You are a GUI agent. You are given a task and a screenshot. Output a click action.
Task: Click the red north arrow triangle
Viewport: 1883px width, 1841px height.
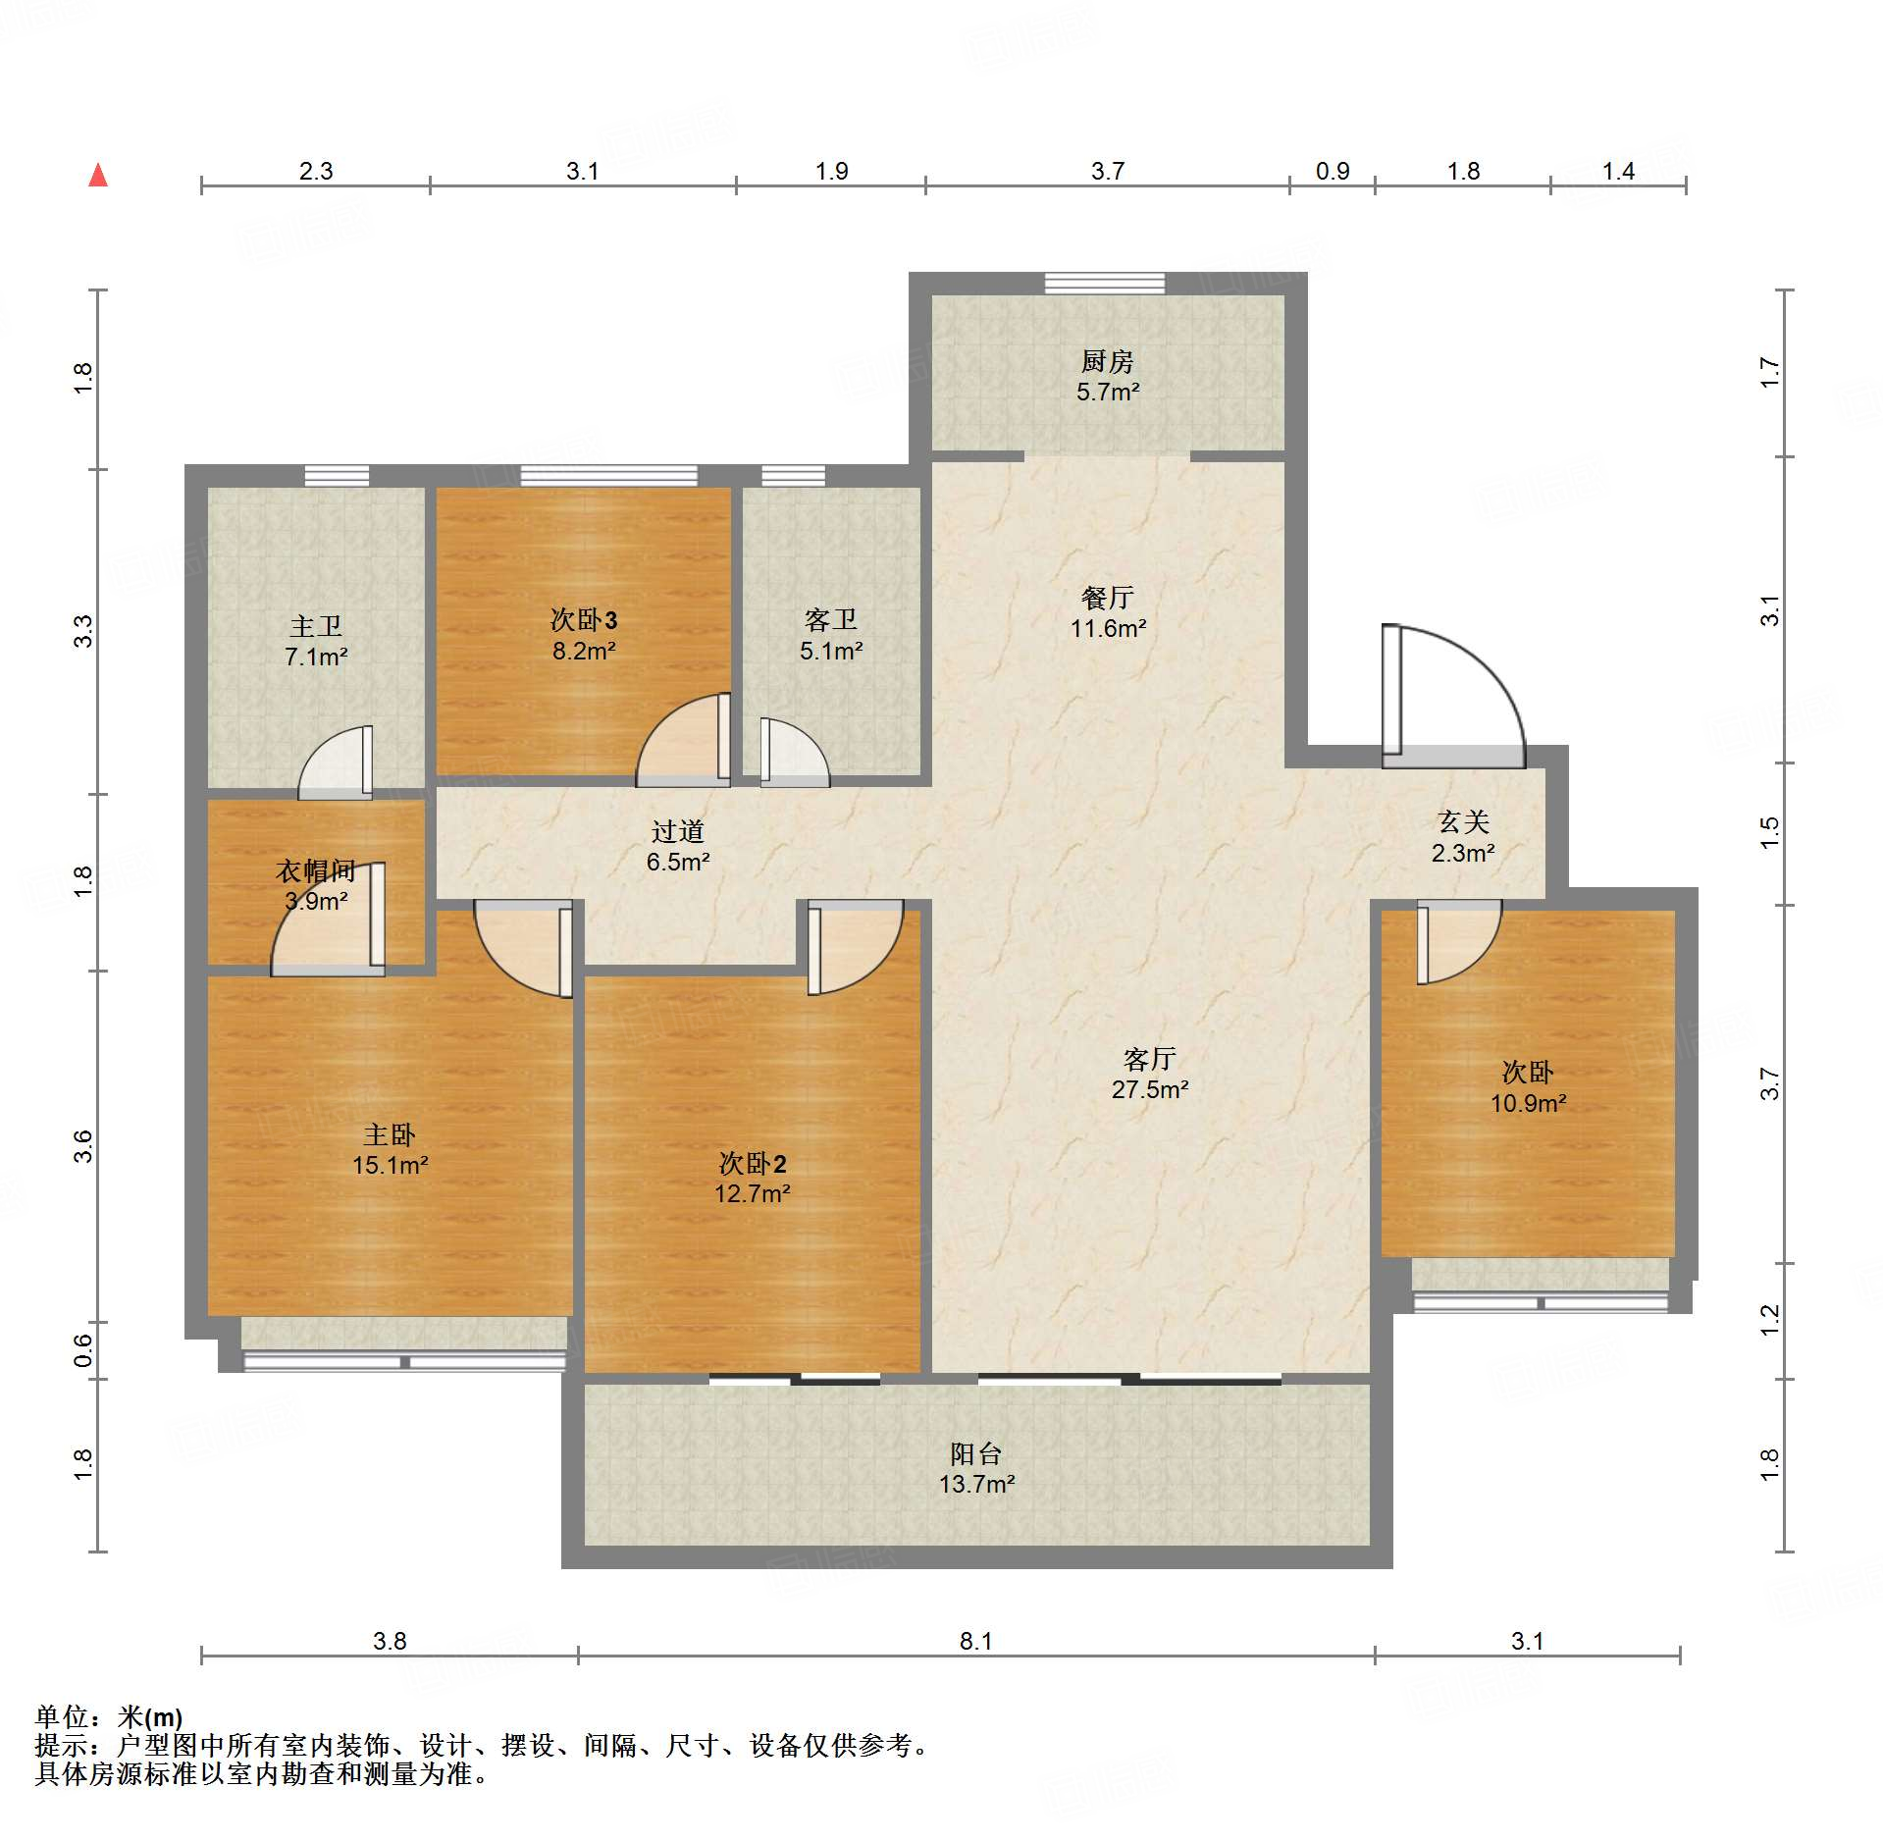[98, 175]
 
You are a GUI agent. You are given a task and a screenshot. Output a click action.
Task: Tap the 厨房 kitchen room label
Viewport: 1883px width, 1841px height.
[1108, 361]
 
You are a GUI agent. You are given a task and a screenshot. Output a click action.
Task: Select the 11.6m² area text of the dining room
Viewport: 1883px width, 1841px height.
[1108, 628]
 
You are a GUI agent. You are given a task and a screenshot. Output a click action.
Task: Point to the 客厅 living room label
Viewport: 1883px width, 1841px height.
[1150, 1059]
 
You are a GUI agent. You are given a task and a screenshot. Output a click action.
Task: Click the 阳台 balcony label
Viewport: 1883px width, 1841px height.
[976, 1453]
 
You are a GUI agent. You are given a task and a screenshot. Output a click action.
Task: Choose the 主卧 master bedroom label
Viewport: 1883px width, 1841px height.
[390, 1134]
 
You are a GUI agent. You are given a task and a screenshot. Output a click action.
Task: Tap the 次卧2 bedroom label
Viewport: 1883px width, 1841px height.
[753, 1163]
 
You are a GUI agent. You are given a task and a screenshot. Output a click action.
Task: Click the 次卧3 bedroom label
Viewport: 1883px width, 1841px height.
[584, 619]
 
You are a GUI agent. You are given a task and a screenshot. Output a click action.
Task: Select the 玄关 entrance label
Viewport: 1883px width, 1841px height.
[1463, 821]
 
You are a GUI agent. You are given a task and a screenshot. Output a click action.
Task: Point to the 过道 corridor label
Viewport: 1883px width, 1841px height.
[678, 831]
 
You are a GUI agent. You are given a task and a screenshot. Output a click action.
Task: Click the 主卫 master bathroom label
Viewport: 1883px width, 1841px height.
[316, 625]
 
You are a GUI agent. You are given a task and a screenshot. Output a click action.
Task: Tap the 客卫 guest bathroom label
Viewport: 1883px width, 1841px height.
[831, 619]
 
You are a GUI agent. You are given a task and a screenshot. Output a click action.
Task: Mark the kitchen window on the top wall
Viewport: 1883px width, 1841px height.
[1105, 284]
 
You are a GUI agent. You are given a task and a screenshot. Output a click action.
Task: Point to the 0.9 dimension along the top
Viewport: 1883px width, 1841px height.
[1333, 171]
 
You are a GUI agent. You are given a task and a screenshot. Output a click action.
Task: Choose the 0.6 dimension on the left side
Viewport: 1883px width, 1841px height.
[83, 1350]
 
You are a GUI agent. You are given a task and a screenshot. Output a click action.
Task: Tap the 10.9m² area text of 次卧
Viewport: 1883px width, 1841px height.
[1528, 1103]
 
